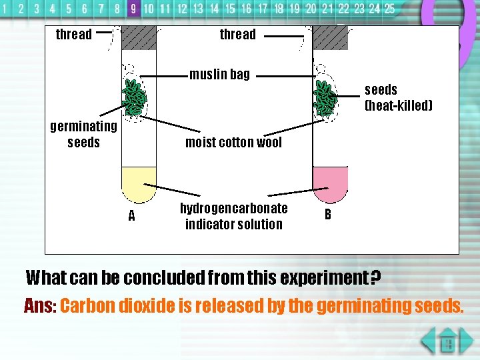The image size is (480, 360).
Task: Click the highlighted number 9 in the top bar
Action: point(133,9)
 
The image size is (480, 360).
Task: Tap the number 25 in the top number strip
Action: point(389,9)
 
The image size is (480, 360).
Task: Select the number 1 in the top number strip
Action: point(6,9)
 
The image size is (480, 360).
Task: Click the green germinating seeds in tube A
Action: point(136,97)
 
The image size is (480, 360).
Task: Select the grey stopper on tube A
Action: point(139,37)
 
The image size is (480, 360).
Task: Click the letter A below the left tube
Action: point(131,215)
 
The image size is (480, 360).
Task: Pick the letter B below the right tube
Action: point(327,214)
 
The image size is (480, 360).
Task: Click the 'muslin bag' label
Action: point(219,74)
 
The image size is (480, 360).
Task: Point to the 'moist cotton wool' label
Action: point(233,142)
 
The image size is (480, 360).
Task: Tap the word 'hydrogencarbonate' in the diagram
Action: point(233,208)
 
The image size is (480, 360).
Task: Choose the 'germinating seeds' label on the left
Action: point(83,134)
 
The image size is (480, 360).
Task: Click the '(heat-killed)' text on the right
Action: point(399,106)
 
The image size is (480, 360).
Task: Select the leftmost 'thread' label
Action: point(73,34)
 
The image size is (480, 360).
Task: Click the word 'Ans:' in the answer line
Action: point(39,306)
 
